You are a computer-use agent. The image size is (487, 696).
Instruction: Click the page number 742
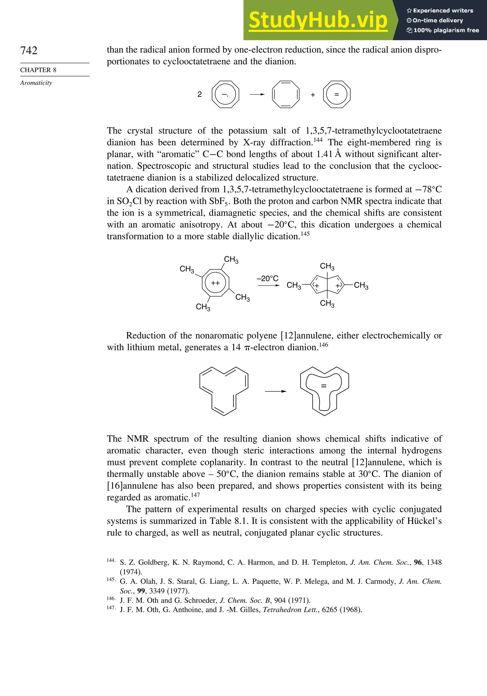tap(29, 50)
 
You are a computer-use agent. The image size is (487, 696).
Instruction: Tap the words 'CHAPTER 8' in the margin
tap(38, 70)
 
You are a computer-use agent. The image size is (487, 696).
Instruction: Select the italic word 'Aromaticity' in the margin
tap(36, 83)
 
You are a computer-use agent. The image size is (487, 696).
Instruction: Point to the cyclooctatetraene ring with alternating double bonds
tap(286, 94)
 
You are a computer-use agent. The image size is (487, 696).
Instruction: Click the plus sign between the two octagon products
tap(313, 95)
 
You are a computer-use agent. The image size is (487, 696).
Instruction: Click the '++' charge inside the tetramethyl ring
tap(215, 283)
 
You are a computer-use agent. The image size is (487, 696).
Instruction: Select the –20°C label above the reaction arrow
tap(268, 278)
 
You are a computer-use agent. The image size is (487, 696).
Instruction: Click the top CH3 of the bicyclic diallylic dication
tap(327, 266)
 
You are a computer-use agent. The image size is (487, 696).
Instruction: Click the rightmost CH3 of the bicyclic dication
tap(361, 285)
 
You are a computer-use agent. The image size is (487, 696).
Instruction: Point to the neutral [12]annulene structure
tap(224, 391)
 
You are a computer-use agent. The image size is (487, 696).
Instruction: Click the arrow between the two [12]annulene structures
tap(275, 391)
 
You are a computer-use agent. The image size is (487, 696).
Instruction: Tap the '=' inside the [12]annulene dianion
tap(324, 386)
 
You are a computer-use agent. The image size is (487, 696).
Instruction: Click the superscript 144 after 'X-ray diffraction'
tap(318, 140)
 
